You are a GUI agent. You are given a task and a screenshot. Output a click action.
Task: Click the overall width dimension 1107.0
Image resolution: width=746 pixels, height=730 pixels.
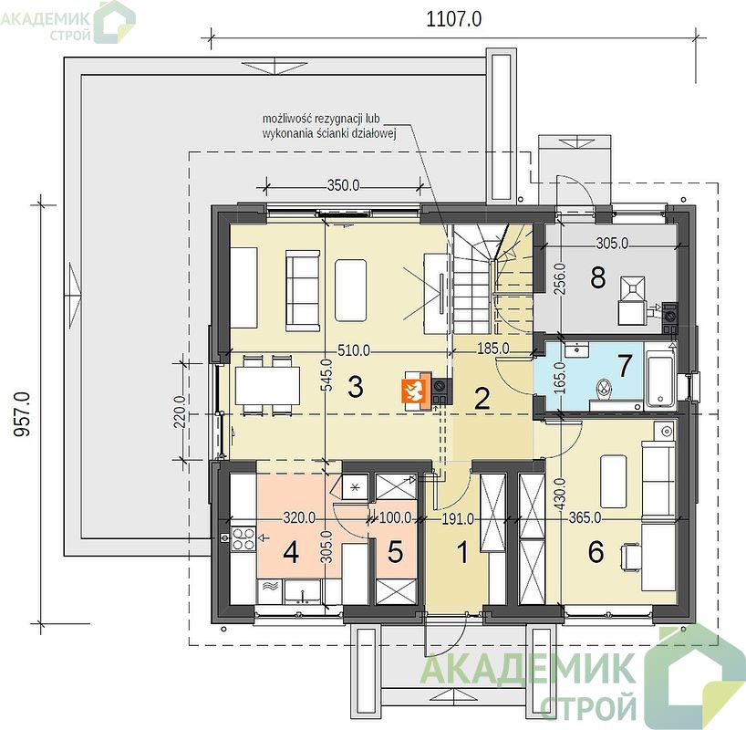click(453, 19)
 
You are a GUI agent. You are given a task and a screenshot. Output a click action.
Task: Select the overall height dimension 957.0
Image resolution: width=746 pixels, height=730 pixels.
click(21, 413)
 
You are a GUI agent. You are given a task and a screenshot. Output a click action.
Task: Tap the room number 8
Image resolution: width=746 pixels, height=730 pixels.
click(598, 277)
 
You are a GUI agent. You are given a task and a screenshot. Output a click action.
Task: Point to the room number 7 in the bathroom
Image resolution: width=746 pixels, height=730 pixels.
click(625, 365)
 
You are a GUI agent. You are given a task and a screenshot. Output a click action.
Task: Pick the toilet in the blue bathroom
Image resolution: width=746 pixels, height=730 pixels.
click(604, 387)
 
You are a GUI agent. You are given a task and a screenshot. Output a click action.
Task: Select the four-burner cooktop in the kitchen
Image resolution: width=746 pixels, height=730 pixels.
click(243, 538)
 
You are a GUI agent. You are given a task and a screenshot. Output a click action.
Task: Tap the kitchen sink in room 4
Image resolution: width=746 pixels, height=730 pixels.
click(302, 592)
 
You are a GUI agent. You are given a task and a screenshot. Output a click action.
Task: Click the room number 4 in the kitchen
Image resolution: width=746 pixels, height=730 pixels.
click(291, 553)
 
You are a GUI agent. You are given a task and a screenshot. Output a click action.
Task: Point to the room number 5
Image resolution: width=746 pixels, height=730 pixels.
click(396, 552)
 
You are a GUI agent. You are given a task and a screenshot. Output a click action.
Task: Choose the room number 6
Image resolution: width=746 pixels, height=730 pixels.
click(596, 552)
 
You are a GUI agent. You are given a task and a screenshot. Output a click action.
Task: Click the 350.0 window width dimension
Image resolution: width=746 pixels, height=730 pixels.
click(344, 185)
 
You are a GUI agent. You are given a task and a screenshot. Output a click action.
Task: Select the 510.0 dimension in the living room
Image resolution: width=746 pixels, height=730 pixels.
click(354, 351)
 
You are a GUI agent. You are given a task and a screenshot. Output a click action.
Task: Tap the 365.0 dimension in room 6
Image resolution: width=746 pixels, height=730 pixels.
click(585, 517)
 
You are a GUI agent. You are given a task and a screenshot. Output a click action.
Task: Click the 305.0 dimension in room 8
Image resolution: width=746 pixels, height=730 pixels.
click(612, 244)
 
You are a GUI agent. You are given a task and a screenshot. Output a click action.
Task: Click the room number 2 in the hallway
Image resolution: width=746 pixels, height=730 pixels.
click(482, 399)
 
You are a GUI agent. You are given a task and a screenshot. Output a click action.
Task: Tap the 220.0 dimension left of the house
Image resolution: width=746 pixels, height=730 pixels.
click(179, 412)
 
